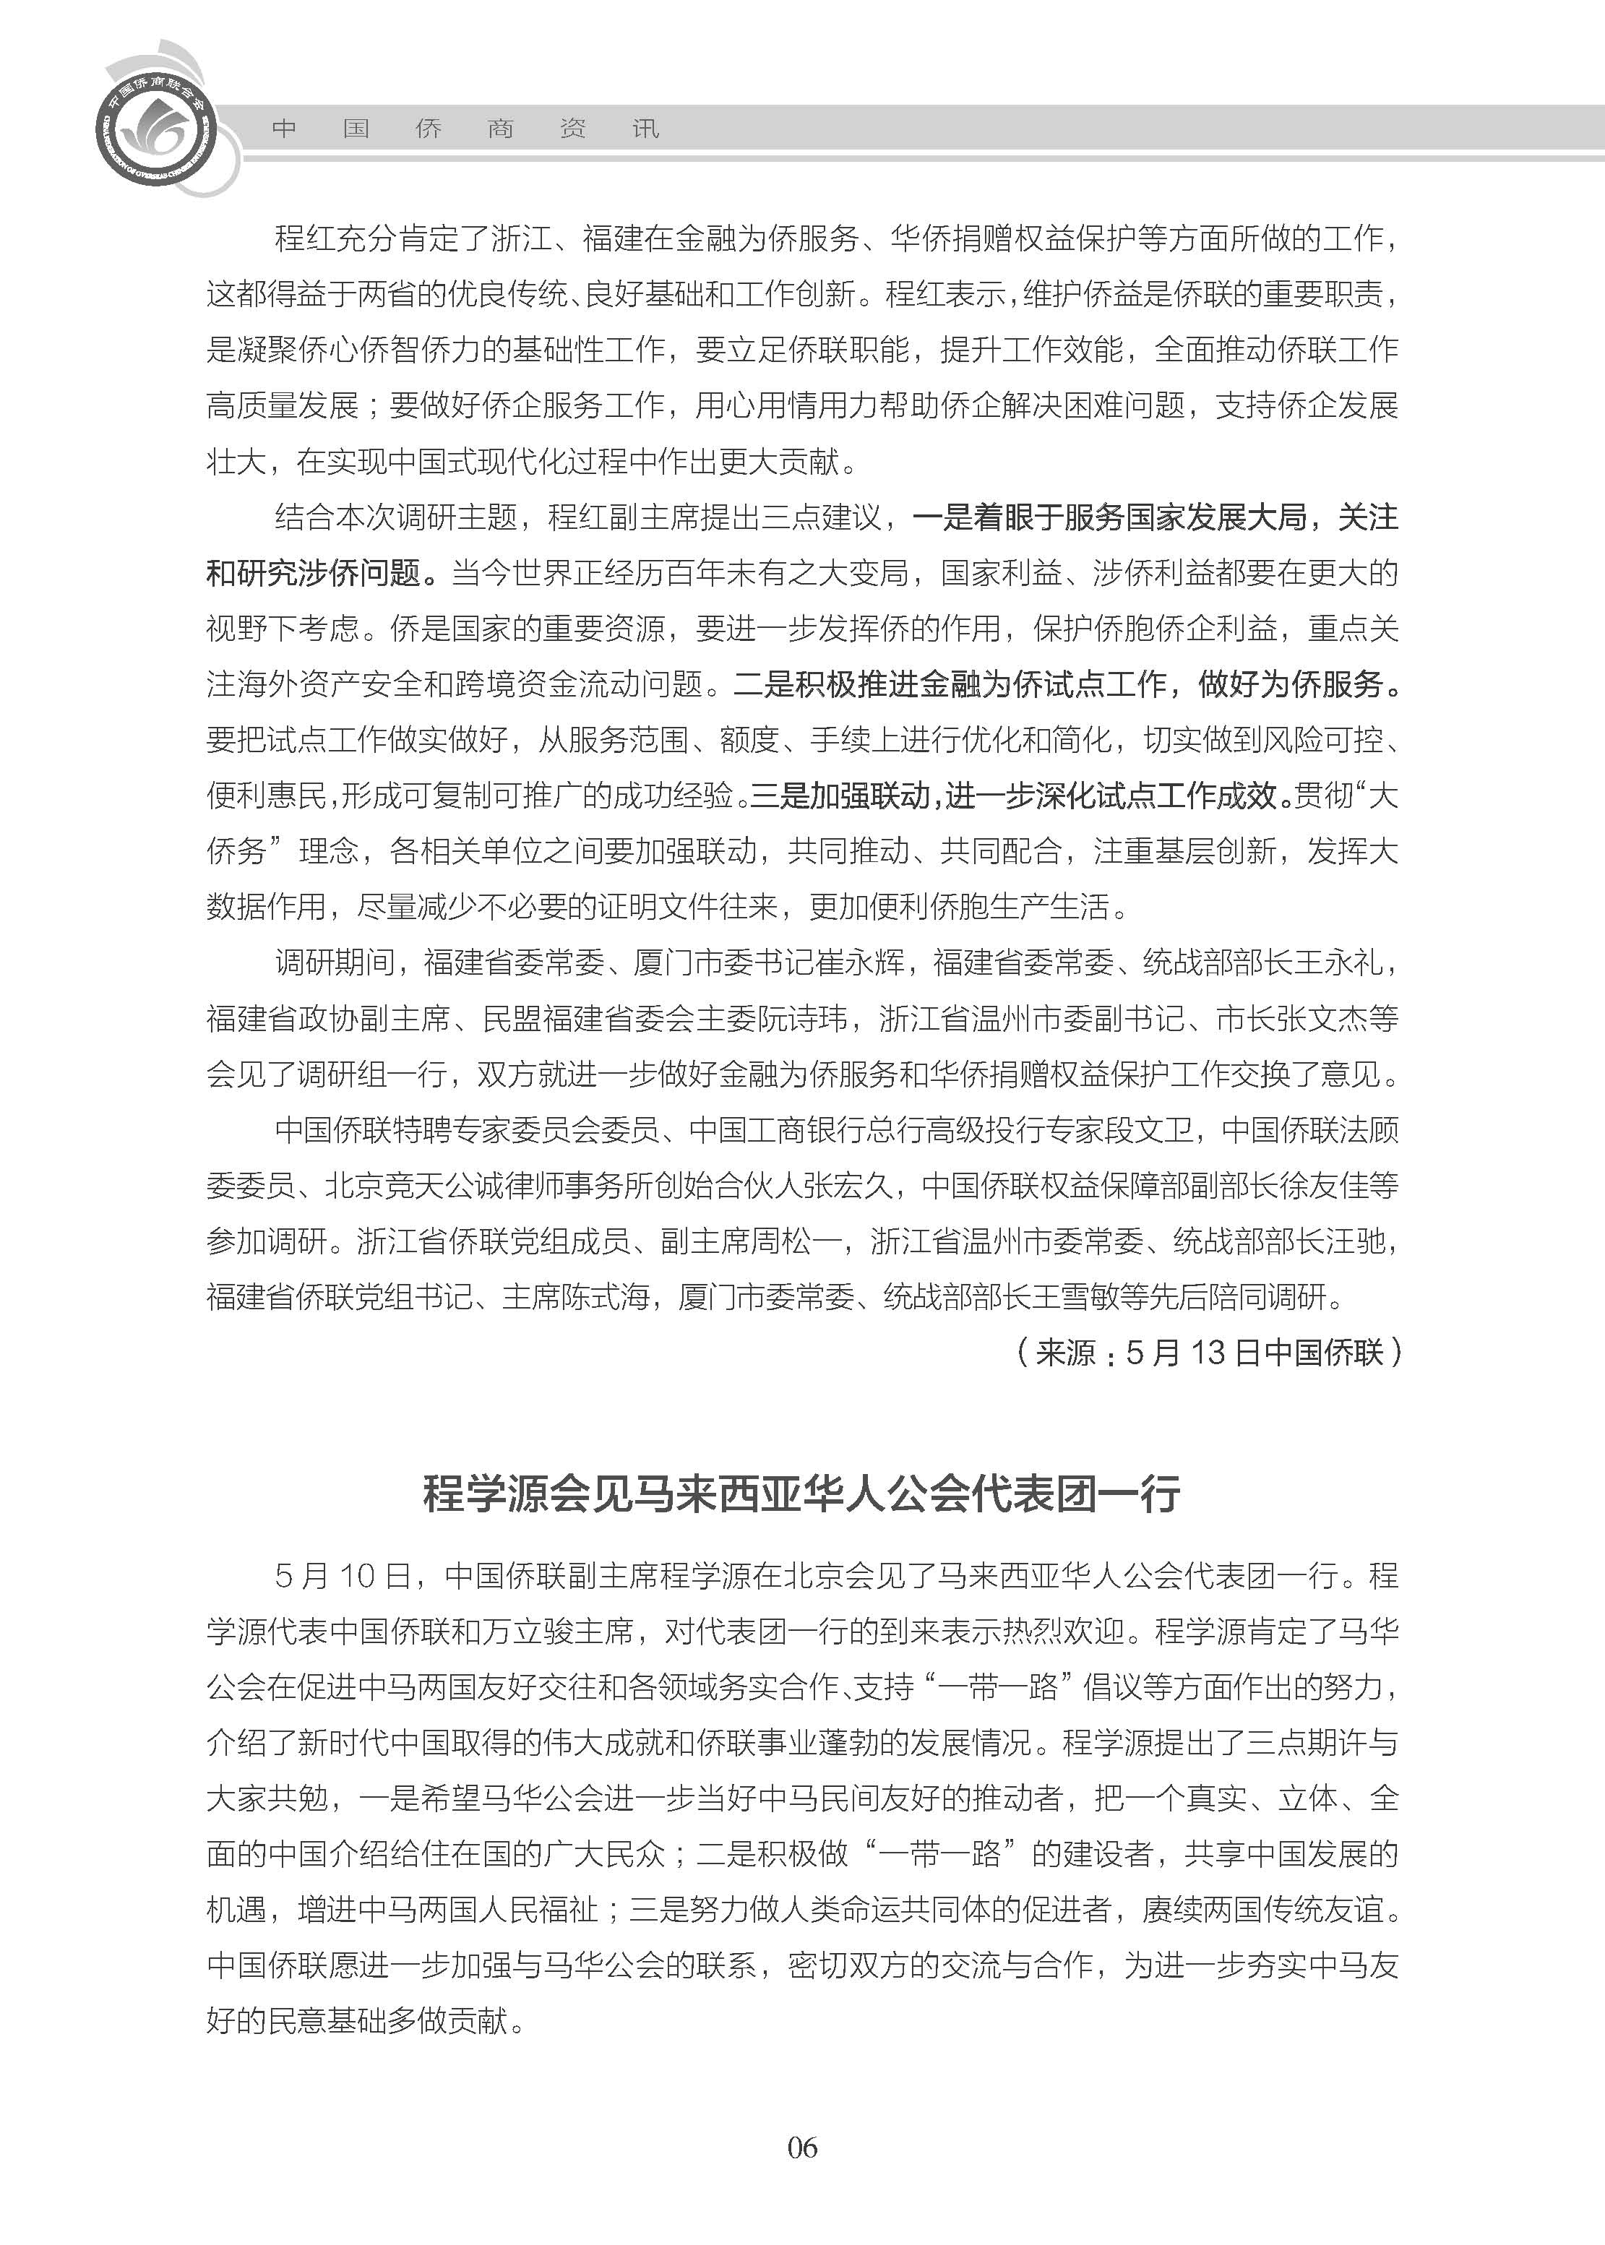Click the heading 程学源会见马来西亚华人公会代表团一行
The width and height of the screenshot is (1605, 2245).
(801, 1493)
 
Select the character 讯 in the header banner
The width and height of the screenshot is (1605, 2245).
(645, 129)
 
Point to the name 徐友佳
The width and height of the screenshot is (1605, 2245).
(1325, 1186)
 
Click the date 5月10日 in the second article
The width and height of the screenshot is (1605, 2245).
(342, 1576)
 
